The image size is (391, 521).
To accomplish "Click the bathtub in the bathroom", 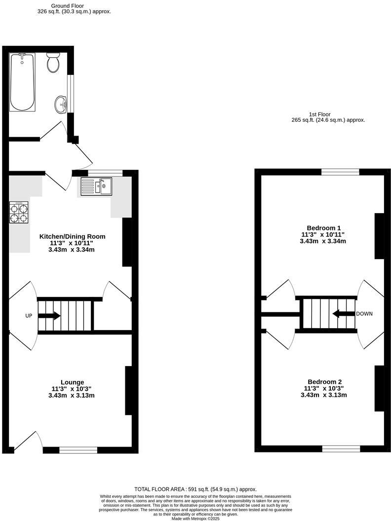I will point(22,82).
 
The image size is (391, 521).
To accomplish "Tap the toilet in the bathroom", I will point(53,63).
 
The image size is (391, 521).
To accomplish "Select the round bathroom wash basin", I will point(61,104).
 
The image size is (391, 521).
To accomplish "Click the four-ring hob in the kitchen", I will point(19,212).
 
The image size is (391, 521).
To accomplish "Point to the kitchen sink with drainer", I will point(97,187).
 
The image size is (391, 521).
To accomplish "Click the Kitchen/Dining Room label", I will point(73,236).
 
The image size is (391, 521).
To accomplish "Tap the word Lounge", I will point(72,382).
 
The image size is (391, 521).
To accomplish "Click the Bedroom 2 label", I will point(324,381).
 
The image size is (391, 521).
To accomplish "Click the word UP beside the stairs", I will point(29,316).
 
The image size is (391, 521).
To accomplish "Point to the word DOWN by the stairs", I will point(364,314).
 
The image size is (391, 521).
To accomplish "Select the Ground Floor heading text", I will point(74,5).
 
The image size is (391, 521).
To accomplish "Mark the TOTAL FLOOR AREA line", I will point(195,489).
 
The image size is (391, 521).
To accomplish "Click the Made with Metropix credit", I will point(195,519).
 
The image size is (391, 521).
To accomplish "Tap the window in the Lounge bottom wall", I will point(78,449).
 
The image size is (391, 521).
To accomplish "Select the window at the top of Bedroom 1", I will point(340,172).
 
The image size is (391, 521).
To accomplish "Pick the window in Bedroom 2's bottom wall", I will point(341,448).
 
